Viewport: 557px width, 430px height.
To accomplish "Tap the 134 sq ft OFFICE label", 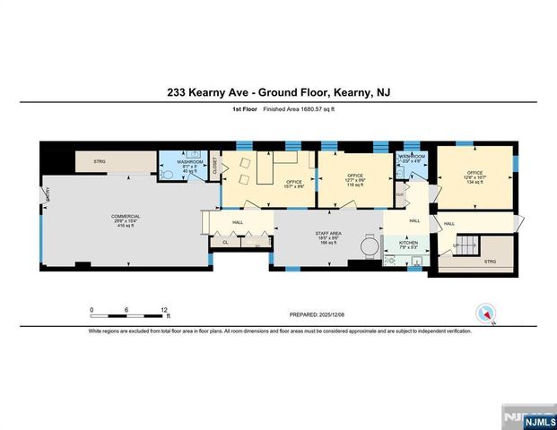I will pyautogui.click(x=474, y=173).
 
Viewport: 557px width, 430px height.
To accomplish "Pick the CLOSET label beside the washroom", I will pyautogui.click(x=215, y=171).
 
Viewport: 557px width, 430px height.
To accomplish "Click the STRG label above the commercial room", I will pyautogui.click(x=100, y=162).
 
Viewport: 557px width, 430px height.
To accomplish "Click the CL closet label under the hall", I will pyautogui.click(x=225, y=242).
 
